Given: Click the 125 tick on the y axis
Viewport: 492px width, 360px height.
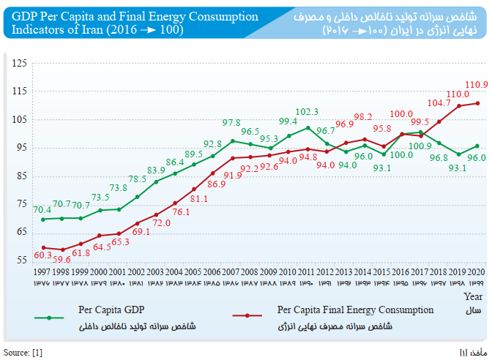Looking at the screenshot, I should tap(20, 64).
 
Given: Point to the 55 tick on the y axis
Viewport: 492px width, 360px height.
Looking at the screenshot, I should tap(20, 260).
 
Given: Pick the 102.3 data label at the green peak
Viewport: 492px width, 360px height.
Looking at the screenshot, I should tap(307, 112).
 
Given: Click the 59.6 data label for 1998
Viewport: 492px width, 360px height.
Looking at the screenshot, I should tap(62, 259).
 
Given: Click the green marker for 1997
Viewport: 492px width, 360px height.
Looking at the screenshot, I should tap(43, 220).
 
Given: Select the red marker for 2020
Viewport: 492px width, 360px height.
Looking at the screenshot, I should tap(478, 103).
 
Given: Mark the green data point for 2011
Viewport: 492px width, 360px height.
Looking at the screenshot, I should tap(308, 127).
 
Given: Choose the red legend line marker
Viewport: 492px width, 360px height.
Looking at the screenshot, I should tap(247, 316).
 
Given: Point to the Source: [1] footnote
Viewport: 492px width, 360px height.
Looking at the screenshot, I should tap(23, 353).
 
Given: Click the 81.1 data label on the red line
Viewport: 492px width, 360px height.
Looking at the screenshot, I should tap(199, 199).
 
